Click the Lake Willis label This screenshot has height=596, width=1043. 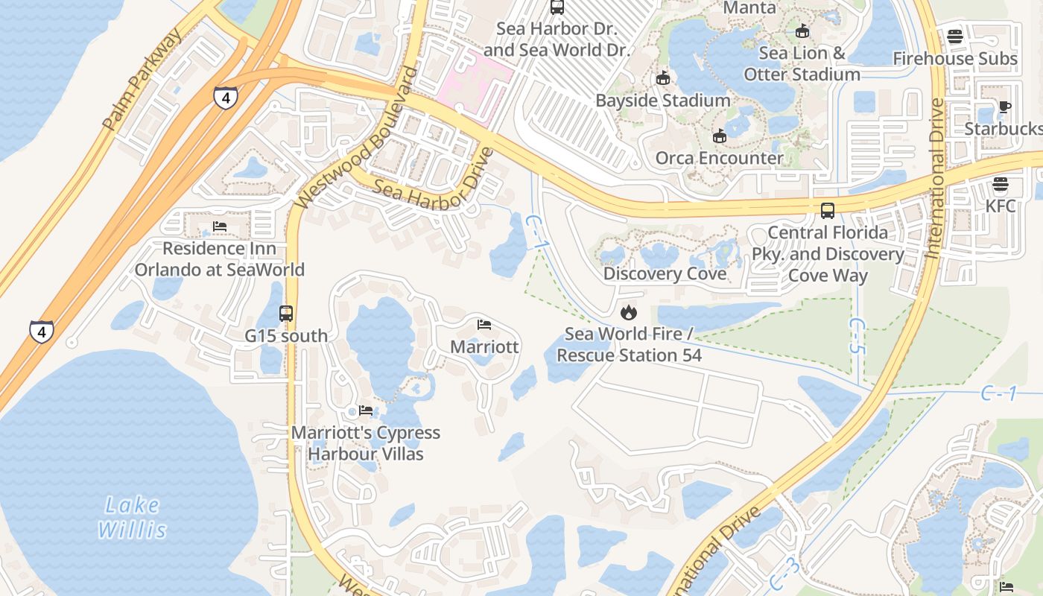[x=131, y=518]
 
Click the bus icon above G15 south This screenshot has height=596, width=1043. [x=286, y=314]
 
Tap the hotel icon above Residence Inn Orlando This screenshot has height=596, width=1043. [x=219, y=226]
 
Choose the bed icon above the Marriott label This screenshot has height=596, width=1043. [x=484, y=325]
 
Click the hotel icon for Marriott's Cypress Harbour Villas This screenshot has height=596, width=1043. [x=365, y=410]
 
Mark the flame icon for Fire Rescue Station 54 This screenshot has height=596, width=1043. [x=629, y=312]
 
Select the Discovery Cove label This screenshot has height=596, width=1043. [x=665, y=273]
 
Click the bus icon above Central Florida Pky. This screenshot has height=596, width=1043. [x=828, y=211]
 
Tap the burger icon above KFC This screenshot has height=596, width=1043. [x=1001, y=184]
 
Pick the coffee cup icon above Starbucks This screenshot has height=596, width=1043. [x=1004, y=107]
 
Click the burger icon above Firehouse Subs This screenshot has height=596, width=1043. [x=955, y=37]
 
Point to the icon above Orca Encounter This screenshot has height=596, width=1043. [x=719, y=136]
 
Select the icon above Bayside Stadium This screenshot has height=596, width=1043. [x=663, y=78]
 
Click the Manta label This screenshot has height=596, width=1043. [x=749, y=8]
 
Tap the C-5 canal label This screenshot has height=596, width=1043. [x=857, y=336]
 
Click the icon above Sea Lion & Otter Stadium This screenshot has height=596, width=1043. [x=802, y=31]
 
